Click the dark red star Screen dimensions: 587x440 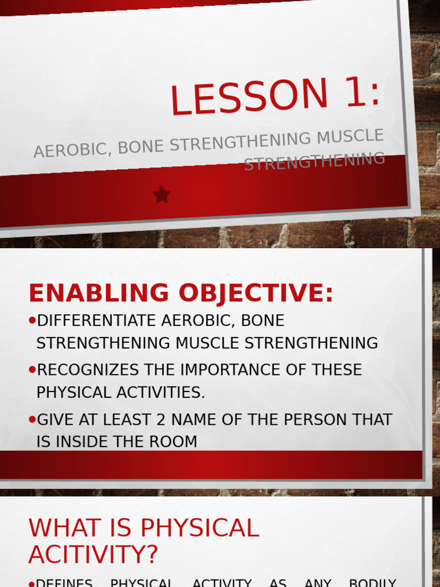(x=162, y=195)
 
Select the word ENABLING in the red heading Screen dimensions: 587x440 (x=99, y=293)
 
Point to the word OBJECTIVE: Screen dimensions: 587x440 (x=255, y=293)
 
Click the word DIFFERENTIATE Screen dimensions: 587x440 (x=97, y=320)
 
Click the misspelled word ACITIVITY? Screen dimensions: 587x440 (x=93, y=554)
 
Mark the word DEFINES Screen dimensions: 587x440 (x=64, y=582)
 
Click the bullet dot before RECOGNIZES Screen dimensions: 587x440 (x=32, y=370)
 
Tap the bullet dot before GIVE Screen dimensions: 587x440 (x=32, y=420)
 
